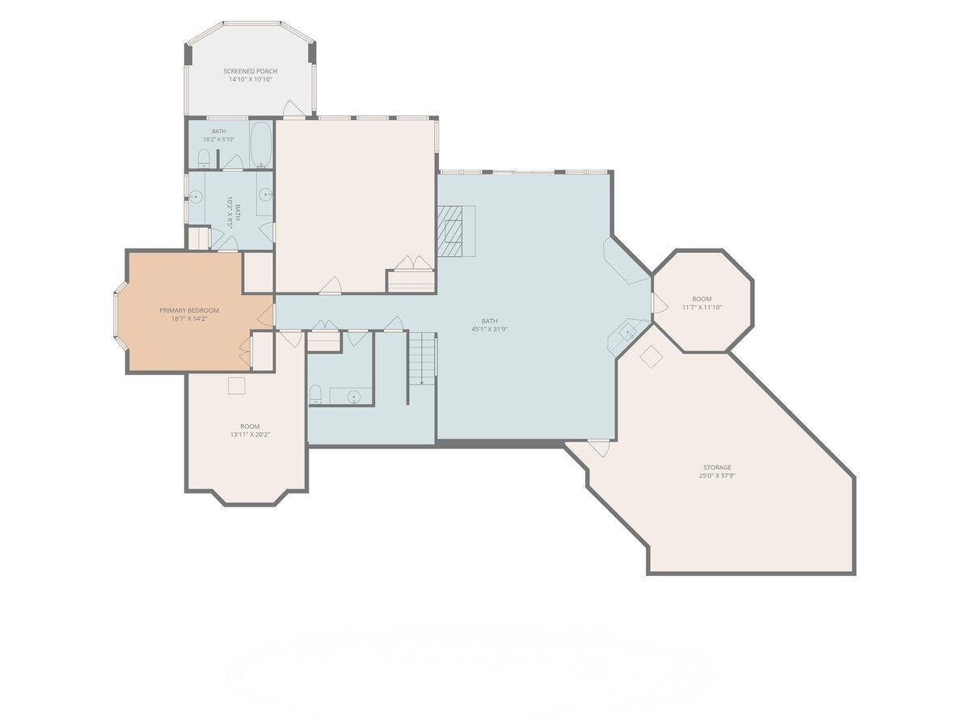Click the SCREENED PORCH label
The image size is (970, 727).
(x=250, y=71)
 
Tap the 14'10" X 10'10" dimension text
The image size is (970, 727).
(x=250, y=79)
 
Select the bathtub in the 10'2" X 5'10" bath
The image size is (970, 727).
(x=261, y=145)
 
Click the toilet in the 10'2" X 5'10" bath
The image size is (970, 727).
(x=203, y=158)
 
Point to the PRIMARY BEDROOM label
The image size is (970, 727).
(x=189, y=310)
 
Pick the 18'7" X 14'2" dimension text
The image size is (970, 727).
(x=189, y=318)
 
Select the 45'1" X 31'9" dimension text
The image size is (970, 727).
(x=489, y=329)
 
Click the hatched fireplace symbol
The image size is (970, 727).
(x=449, y=231)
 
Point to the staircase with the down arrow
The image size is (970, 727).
(x=422, y=359)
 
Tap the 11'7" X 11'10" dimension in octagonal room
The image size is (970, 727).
(x=702, y=307)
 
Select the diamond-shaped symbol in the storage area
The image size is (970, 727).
(x=651, y=356)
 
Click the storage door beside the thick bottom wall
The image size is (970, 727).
(x=601, y=448)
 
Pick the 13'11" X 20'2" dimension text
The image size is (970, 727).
(x=250, y=435)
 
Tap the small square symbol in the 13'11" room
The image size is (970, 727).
(x=236, y=385)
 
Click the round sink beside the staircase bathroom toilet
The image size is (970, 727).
(x=354, y=397)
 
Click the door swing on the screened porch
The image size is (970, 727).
(x=293, y=108)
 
